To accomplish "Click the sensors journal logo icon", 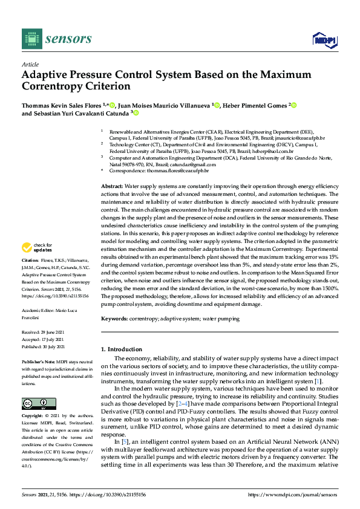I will point(30,38).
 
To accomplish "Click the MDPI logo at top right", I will point(324,40).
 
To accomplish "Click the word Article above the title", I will point(30,64).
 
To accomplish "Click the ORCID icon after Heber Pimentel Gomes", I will point(294,105).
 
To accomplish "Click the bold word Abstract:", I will point(112,187).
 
